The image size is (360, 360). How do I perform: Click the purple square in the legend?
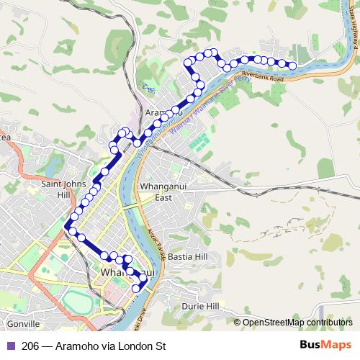(10, 346)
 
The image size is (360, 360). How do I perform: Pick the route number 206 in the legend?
(30, 346)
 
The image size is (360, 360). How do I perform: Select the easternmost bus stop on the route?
(292, 66)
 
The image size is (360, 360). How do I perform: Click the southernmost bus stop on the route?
(135, 289)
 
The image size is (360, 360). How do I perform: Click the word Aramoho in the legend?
(78, 346)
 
